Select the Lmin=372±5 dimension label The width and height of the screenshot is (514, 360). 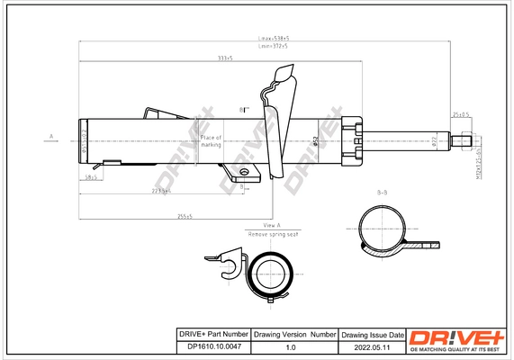(x=274, y=47)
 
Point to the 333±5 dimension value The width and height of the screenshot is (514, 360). (x=224, y=58)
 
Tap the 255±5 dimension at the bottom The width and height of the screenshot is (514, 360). (x=185, y=216)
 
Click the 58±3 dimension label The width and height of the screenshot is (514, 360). (x=90, y=177)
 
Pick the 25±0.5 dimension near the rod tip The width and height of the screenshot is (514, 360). (x=460, y=115)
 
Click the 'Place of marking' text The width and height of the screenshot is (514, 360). (x=211, y=140)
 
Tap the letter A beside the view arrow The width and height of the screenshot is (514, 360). (x=51, y=138)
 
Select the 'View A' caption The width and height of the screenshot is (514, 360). (x=272, y=224)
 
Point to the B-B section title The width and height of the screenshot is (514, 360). (x=382, y=193)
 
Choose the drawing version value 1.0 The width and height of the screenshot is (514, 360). (x=290, y=346)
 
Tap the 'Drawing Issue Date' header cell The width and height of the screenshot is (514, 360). (x=372, y=334)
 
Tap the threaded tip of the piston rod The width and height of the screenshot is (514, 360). (x=464, y=139)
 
